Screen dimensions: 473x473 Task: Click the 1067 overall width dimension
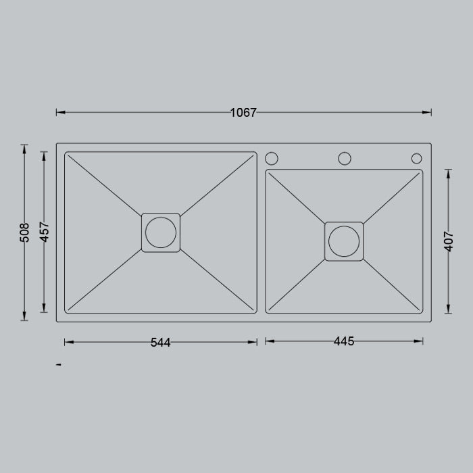(243, 113)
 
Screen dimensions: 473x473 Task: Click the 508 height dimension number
(25, 232)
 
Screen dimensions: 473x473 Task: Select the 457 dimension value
(45, 232)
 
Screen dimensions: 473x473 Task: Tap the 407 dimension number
(448, 241)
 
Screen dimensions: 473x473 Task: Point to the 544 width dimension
(160, 343)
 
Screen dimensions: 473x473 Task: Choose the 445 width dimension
(344, 342)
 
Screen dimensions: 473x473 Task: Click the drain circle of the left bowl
(161, 232)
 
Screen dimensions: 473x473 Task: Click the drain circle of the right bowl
(344, 241)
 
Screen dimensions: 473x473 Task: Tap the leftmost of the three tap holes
(272, 158)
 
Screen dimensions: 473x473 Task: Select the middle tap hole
(345, 158)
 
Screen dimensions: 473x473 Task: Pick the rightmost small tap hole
(416, 159)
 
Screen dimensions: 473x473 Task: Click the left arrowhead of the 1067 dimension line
(60, 112)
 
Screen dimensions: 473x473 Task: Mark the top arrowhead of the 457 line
(45, 155)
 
